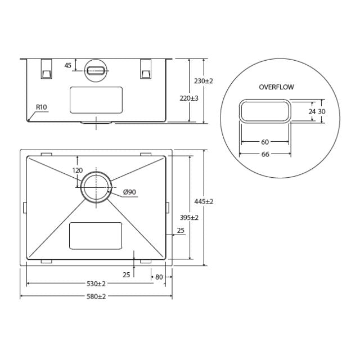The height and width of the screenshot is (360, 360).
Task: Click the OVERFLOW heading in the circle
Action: tap(276, 87)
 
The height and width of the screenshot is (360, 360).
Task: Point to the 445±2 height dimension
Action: tap(204, 201)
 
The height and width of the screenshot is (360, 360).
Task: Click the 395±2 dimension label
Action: tap(188, 217)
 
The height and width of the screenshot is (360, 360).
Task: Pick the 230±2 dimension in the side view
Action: tap(204, 81)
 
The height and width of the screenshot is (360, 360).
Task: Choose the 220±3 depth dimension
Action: tap(188, 97)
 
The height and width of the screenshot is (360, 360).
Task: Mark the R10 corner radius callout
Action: tap(41, 107)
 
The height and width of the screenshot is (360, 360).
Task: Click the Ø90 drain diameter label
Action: tap(130, 192)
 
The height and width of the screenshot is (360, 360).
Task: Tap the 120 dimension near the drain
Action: tap(77, 170)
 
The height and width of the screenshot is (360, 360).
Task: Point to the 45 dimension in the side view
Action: tap(68, 65)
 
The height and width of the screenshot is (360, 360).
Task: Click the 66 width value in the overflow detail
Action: tap(264, 154)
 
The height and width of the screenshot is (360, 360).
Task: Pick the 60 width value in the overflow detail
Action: tap(264, 142)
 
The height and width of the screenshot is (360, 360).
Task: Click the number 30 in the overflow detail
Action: tap(322, 111)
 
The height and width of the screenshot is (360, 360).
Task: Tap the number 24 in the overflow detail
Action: tap(312, 111)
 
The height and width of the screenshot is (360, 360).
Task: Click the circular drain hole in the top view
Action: tap(96, 187)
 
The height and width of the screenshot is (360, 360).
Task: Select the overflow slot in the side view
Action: tap(96, 71)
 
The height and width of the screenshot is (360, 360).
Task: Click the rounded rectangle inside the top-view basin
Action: tap(95, 236)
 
